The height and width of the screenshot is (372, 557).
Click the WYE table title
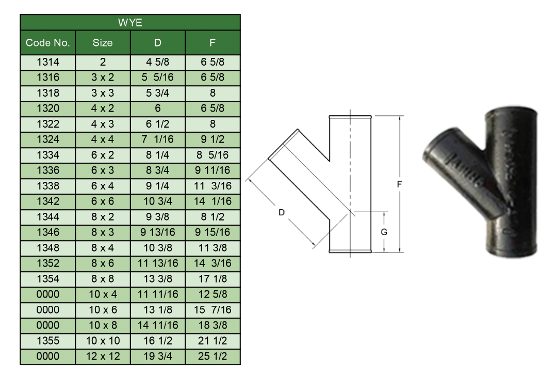(x=130, y=22)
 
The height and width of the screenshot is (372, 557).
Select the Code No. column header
(x=47, y=43)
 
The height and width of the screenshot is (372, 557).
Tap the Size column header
(x=103, y=43)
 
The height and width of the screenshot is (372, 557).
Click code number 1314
(x=48, y=62)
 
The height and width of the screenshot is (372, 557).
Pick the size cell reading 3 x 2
(x=103, y=78)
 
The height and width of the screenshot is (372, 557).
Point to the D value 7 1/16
(x=157, y=139)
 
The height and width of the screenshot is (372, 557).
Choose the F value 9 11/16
(x=212, y=170)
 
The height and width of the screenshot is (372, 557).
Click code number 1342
(x=48, y=201)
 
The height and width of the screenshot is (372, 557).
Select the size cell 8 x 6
(x=103, y=263)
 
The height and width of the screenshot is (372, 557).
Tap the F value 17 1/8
(x=212, y=278)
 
